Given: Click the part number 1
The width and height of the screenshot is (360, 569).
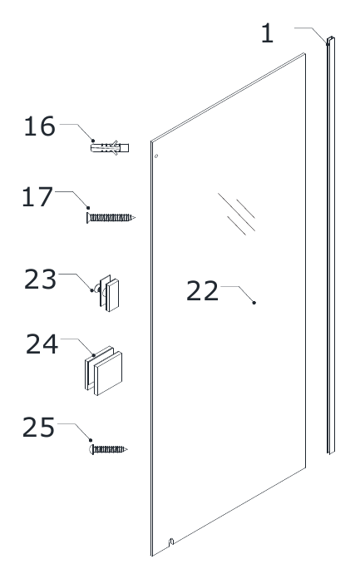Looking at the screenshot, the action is click(x=267, y=33).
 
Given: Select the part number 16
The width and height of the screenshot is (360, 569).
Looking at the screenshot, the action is click(x=40, y=126).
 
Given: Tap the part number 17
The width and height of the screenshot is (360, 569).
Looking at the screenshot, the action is click(x=37, y=197).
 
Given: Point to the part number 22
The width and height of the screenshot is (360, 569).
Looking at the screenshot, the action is click(x=202, y=290).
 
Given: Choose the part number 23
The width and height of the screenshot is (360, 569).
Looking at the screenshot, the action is click(x=40, y=279).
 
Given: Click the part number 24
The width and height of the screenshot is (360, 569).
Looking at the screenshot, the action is click(x=42, y=344).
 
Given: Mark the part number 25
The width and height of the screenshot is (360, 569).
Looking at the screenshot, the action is click(x=38, y=427).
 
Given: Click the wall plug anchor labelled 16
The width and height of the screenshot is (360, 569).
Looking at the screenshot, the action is click(x=110, y=148).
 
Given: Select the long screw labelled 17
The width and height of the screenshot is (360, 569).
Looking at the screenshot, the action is click(x=111, y=218).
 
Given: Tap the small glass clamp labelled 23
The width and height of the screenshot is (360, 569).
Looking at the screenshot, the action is click(x=109, y=293).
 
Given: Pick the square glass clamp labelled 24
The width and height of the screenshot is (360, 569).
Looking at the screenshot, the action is click(x=103, y=371).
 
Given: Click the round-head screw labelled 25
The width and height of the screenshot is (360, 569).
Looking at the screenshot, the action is click(x=108, y=449).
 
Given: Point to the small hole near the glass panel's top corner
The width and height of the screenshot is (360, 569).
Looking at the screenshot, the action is click(x=156, y=156).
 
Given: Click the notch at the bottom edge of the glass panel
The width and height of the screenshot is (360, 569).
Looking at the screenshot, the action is click(x=171, y=542).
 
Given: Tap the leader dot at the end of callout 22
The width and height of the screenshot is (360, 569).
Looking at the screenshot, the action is click(x=254, y=303).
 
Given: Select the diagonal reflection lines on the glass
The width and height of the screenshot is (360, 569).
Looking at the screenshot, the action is click(x=236, y=214).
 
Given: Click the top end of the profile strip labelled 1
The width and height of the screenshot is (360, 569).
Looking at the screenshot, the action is click(x=330, y=39).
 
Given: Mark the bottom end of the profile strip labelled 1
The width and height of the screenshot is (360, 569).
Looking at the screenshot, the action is click(x=331, y=452).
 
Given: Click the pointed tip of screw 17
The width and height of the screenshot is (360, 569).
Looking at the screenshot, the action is click(x=135, y=218).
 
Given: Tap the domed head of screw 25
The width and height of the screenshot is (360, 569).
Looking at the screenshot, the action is click(x=91, y=449).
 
